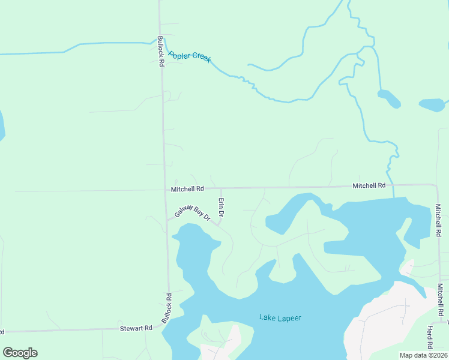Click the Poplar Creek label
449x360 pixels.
click(x=190, y=58)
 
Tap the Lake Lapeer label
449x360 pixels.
click(x=280, y=317)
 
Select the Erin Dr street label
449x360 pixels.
click(x=221, y=208)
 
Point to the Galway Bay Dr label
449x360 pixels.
click(x=192, y=213)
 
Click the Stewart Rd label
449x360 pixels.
click(x=136, y=328)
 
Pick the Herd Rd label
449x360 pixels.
click(x=430, y=338)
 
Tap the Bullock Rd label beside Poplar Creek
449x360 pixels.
click(x=161, y=52)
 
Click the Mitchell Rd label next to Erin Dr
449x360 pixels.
click(x=187, y=189)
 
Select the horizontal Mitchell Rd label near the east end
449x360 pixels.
click(x=369, y=186)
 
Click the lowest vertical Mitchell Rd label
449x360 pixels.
click(x=440, y=299)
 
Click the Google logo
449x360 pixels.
click(x=20, y=353)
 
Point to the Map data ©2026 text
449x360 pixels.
click(x=423, y=355)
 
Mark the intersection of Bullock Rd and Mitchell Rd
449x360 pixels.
click(x=165, y=190)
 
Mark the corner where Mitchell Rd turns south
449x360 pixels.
click(x=436, y=186)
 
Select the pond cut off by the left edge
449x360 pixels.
click(x=2, y=125)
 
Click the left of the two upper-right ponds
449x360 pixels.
click(x=389, y=98)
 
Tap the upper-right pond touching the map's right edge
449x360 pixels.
click(x=433, y=106)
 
